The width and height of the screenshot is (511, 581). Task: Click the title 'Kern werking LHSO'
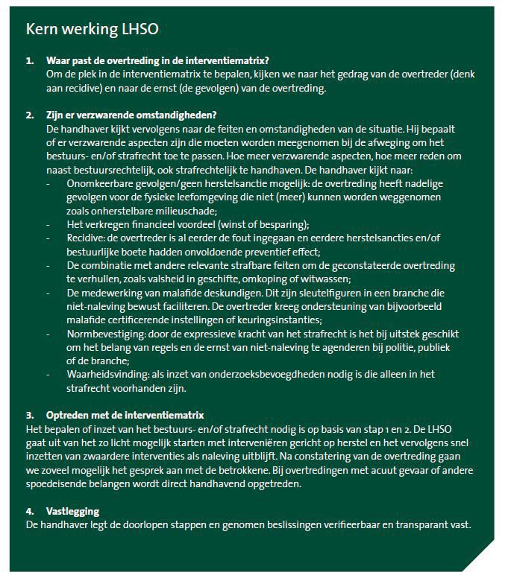93,29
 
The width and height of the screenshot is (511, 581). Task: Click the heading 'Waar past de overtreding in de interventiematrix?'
157,60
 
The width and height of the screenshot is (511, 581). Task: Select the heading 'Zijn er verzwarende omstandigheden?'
131,115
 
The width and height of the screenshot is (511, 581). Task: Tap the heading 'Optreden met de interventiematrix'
125,415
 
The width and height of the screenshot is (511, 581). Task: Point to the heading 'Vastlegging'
72,512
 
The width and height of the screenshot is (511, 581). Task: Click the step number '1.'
31,60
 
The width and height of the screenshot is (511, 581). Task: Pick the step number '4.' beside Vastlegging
31,512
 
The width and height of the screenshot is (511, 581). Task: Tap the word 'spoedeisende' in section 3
57,484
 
